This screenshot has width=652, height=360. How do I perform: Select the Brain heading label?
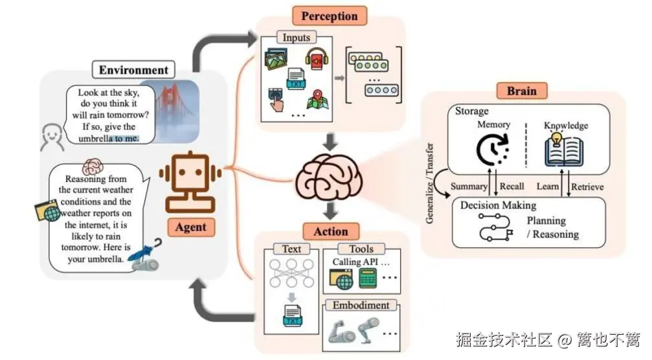[521, 90]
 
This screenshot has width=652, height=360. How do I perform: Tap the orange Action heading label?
[331, 231]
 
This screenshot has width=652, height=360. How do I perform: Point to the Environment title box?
[133, 70]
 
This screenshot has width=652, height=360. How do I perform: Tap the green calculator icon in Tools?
[368, 280]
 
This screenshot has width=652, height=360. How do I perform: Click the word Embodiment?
[361, 305]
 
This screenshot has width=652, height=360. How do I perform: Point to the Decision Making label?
[498, 205]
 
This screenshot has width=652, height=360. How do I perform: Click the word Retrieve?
[587, 187]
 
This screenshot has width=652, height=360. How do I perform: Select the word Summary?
[469, 186]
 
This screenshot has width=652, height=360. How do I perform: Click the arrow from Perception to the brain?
[330, 139]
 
